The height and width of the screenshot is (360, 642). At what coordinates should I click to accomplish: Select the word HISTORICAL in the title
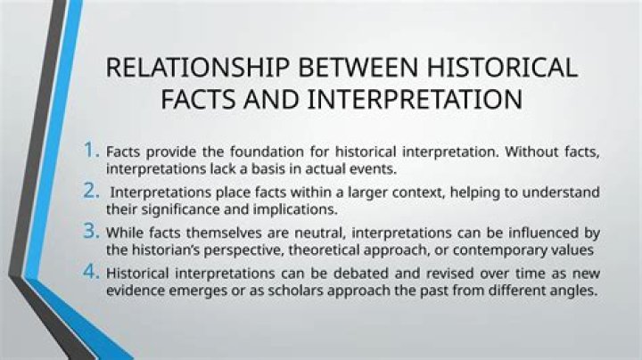point(502,67)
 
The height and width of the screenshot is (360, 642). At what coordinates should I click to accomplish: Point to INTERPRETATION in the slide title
point(415,100)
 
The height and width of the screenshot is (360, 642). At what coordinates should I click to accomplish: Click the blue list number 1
point(91,150)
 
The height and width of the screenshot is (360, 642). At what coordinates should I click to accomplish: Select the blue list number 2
point(91,190)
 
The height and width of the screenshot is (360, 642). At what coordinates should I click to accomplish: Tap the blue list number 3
point(91,231)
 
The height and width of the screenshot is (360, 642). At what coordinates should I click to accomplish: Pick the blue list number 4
point(91,271)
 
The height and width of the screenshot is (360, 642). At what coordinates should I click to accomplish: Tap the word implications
point(295,210)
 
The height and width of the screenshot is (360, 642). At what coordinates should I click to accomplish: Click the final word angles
point(575,290)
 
